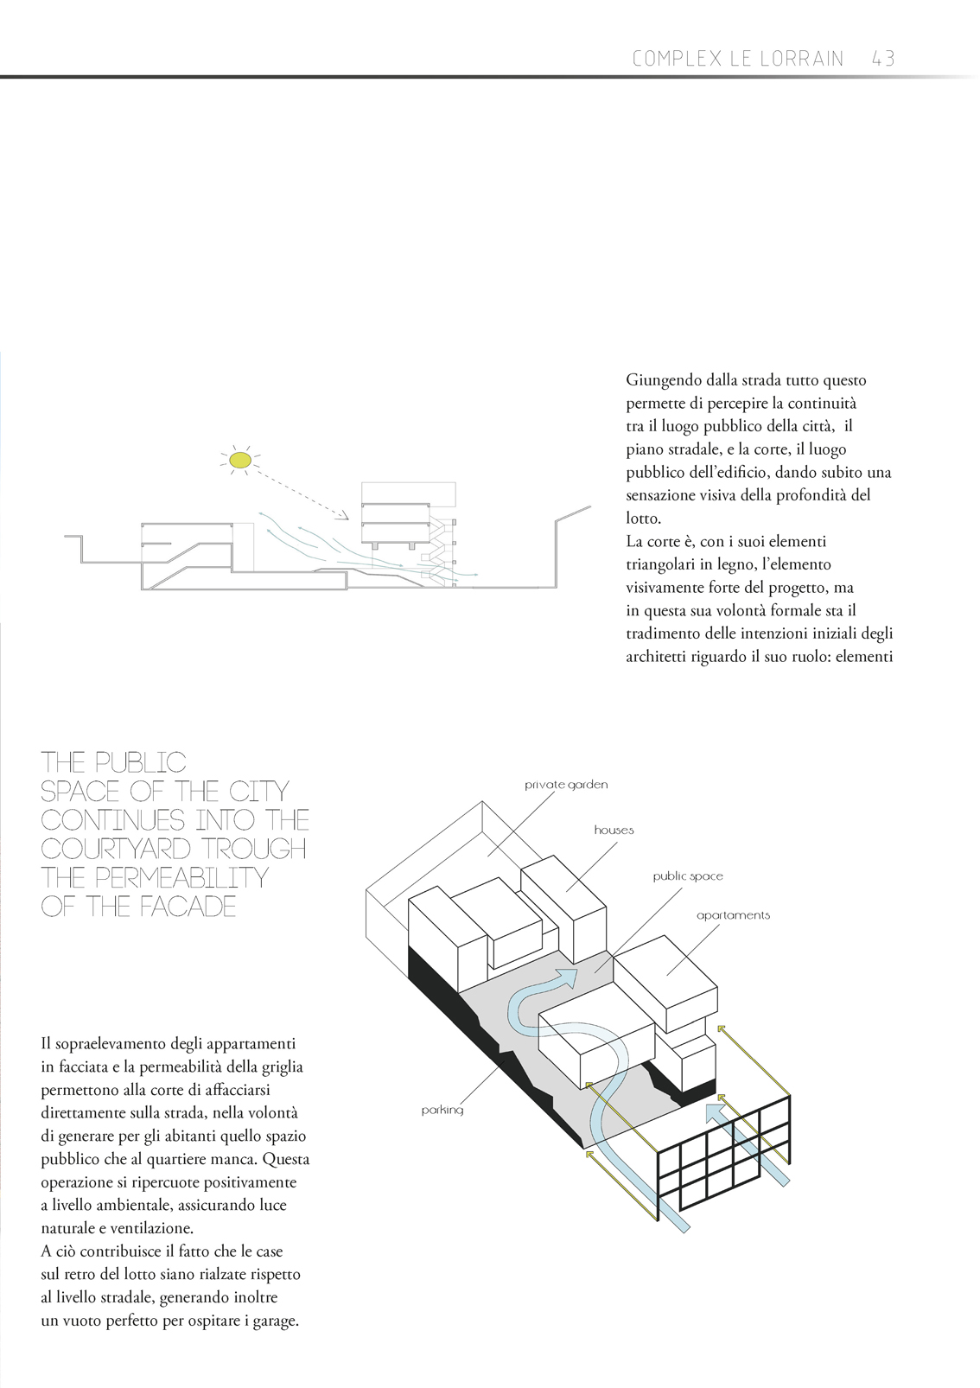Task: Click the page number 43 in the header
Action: (x=882, y=59)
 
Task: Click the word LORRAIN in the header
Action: (x=801, y=59)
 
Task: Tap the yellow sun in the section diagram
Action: (x=239, y=459)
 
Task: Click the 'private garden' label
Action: (x=566, y=785)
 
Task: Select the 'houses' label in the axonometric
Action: (x=614, y=830)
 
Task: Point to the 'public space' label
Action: (x=688, y=875)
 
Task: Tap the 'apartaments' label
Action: (x=733, y=915)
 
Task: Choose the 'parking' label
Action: (x=442, y=1110)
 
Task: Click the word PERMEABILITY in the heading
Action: (x=181, y=877)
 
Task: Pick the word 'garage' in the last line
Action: (x=274, y=1321)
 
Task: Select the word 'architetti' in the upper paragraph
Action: (x=656, y=657)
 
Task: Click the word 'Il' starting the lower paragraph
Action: (x=46, y=1044)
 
